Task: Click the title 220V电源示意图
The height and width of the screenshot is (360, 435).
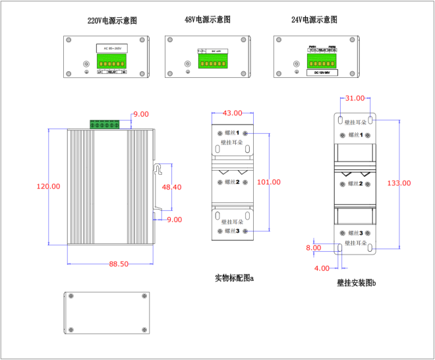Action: pyautogui.click(x=113, y=21)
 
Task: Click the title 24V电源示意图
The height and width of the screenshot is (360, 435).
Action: pyautogui.click(x=315, y=20)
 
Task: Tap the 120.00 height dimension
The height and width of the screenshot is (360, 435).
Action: pyautogui.click(x=48, y=187)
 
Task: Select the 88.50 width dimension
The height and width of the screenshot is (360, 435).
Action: pyautogui.click(x=119, y=264)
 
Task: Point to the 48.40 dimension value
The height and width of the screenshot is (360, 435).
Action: pyautogui.click(x=171, y=187)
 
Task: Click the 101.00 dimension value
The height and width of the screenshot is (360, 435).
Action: pyautogui.click(x=268, y=182)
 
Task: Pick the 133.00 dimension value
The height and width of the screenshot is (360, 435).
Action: pyautogui.click(x=399, y=183)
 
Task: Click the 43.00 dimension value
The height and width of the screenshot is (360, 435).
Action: pyautogui.click(x=233, y=113)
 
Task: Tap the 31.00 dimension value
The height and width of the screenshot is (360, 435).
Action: pyautogui.click(x=355, y=98)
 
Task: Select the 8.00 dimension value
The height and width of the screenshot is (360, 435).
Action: pyautogui.click(x=313, y=248)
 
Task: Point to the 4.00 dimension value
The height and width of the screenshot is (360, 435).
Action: pyautogui.click(x=322, y=268)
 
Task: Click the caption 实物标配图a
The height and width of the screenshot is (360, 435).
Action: pyautogui.click(x=234, y=278)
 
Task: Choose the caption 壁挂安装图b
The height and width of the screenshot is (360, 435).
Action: pyautogui.click(x=356, y=284)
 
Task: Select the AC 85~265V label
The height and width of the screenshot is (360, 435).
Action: pyautogui.click(x=111, y=47)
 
